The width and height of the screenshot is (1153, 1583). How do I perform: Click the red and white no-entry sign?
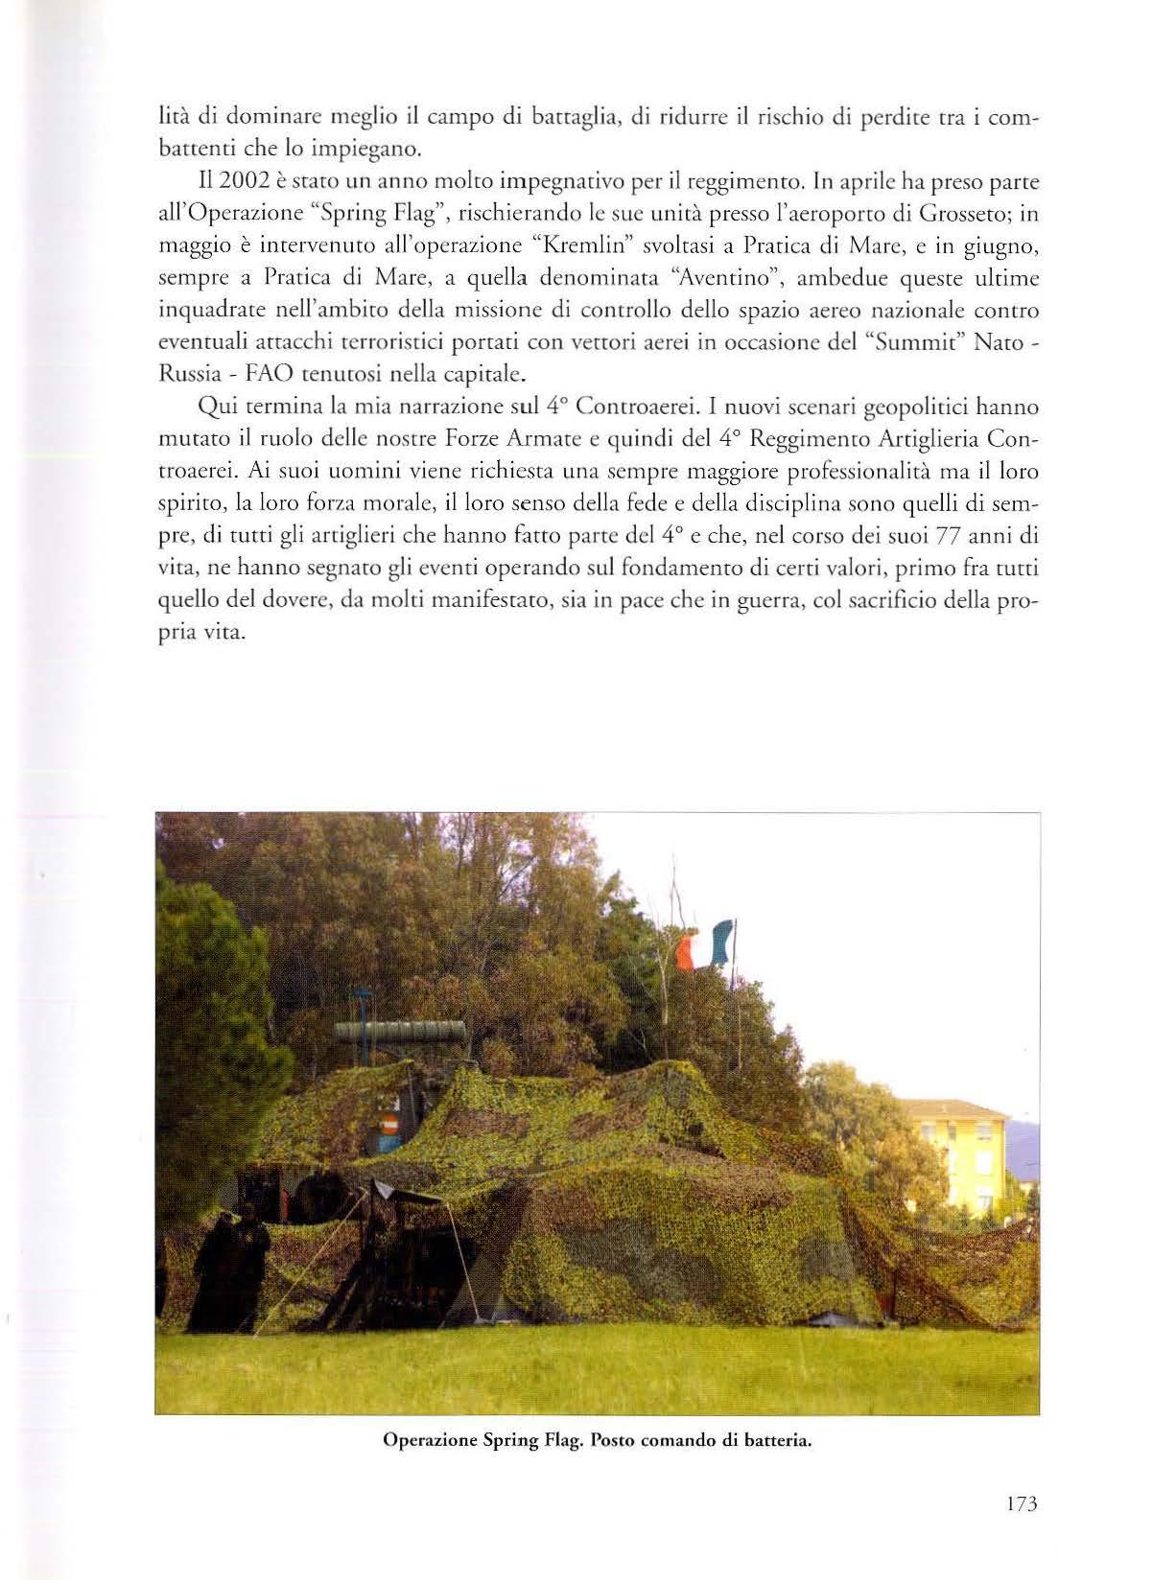click(x=388, y=1126)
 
